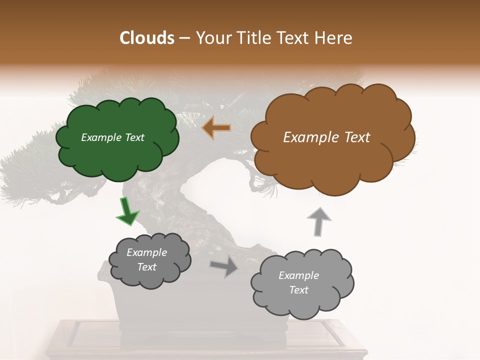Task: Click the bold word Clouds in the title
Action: tap(147, 38)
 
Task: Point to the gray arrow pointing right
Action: tap(224, 266)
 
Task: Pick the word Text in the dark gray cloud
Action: tap(146, 267)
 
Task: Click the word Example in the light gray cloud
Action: tap(298, 275)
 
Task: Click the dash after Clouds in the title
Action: tap(184, 38)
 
